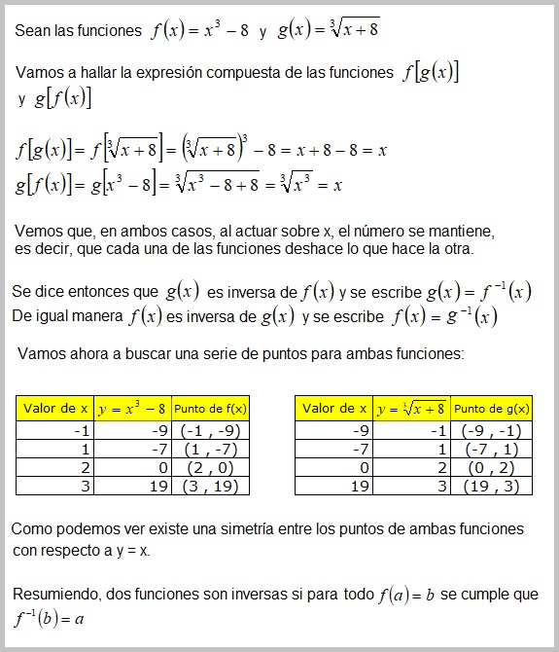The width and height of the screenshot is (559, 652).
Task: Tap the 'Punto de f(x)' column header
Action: coord(211,409)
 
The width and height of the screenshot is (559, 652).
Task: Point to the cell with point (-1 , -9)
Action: coord(211,429)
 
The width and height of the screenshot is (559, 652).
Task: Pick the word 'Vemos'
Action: coord(40,232)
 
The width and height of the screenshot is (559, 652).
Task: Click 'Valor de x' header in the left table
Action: coord(54,409)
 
